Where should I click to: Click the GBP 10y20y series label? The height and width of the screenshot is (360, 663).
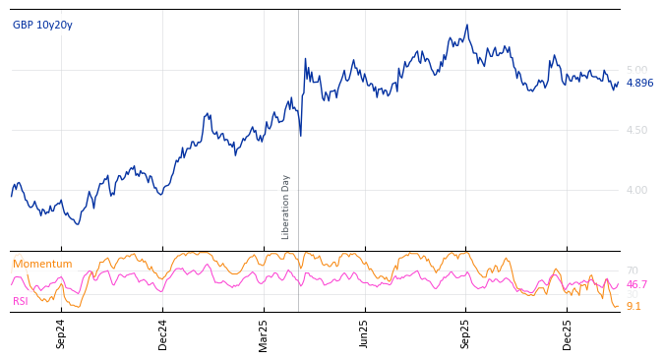pos(42,25)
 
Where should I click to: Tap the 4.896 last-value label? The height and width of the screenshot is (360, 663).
pos(639,83)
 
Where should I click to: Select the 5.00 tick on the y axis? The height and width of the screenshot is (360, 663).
pos(636,70)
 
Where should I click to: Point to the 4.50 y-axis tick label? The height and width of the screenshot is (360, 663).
pos(636,130)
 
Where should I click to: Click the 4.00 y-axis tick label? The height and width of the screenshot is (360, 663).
pos(636,190)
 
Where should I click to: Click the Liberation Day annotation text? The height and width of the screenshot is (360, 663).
pos(286,207)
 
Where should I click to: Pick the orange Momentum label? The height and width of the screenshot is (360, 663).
pos(42,264)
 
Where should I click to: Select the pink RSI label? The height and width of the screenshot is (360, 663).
pos(21,301)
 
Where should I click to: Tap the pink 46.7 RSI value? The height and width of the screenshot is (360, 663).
pos(636,284)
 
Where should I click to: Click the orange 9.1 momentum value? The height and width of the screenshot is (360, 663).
pos(633,306)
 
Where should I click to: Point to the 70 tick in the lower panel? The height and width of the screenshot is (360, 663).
pos(632,270)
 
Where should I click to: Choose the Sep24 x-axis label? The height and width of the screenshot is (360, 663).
pos(61,333)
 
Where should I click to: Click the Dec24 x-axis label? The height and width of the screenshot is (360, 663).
pos(163,333)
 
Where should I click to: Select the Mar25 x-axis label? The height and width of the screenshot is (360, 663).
pos(264,333)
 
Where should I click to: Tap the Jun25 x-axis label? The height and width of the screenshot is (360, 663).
pos(365,333)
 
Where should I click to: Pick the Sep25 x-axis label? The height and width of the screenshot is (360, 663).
pos(466,333)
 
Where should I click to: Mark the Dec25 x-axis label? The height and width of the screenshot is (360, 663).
pos(568,333)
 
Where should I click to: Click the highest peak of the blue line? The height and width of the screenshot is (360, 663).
pos(467,26)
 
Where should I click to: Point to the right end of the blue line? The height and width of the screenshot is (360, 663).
pos(619,83)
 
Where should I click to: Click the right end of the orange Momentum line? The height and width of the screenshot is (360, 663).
pos(619,306)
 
